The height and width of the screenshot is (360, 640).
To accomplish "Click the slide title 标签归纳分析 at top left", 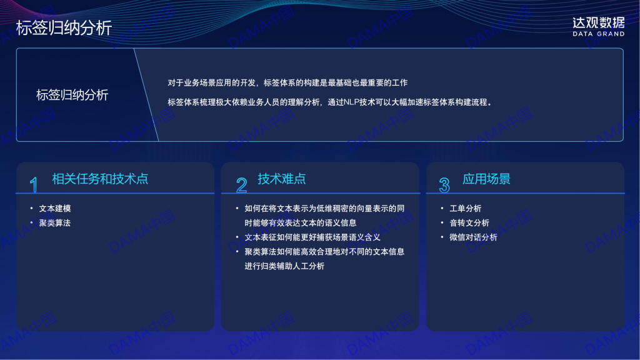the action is point(64,28).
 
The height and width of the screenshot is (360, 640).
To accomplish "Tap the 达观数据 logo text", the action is point(598,23).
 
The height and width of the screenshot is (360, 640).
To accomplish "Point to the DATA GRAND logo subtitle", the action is point(598,34).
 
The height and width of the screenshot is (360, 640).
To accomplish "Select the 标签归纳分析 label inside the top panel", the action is point(72,95).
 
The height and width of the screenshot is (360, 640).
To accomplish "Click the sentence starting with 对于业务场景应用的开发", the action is point(287,83).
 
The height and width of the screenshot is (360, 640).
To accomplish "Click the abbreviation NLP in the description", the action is point(351,102).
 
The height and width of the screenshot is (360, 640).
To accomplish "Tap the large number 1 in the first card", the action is point(34,185).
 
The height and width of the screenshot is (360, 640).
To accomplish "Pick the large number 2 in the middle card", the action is point(242,185).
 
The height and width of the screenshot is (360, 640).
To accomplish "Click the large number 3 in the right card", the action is point(444,185).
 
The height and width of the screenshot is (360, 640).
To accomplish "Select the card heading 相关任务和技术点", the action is point(100,179).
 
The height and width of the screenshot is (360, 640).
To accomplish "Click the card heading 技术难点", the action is point(282,179).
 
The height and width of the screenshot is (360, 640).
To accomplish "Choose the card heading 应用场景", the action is point(486,179).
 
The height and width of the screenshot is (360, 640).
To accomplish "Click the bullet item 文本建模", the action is point(55,209).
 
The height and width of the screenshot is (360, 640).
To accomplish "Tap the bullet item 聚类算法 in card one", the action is point(55,223).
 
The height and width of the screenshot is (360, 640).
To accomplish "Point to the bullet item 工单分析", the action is point(465,209).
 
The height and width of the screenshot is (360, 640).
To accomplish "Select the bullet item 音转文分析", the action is point(469,223).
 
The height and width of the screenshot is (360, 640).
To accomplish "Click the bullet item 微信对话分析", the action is point(474,237).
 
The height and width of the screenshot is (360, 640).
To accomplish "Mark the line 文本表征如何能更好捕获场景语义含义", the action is point(312,237).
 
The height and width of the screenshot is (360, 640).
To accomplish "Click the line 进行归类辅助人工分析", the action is point(284,266).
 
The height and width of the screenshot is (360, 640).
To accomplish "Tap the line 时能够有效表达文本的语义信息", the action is point(301,223).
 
